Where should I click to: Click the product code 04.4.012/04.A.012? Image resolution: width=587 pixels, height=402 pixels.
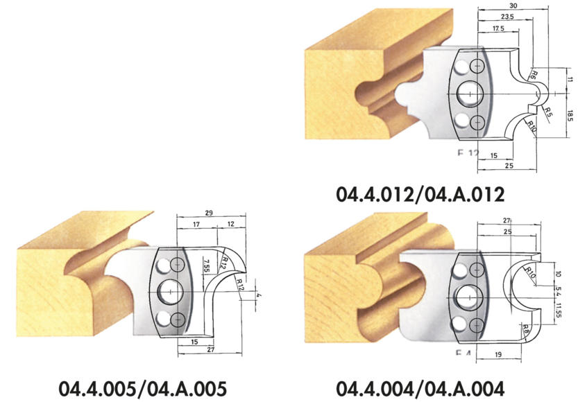click(x=419, y=193)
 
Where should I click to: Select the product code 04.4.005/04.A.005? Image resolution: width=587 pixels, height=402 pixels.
click(x=142, y=387)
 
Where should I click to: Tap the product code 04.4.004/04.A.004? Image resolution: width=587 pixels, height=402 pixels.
click(x=419, y=387)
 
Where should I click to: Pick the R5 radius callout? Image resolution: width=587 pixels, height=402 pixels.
click(x=548, y=111)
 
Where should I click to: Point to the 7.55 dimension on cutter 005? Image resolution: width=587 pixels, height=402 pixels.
click(x=206, y=268)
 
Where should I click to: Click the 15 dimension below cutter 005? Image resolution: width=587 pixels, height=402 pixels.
click(x=194, y=342)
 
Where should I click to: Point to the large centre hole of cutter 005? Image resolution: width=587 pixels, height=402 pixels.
click(x=167, y=292)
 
